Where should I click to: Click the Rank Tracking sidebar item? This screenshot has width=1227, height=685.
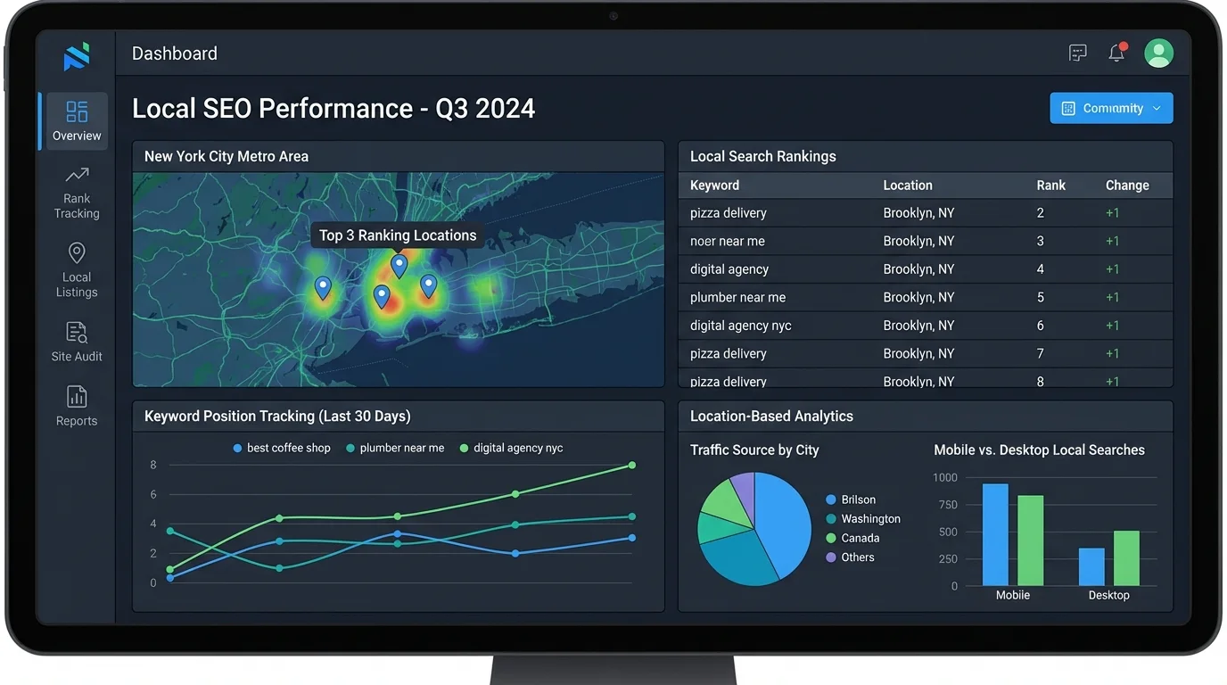77,192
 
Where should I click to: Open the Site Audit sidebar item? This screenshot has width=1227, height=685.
77,342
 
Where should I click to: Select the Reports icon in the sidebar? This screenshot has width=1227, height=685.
77,397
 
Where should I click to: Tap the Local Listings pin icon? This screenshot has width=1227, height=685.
77,253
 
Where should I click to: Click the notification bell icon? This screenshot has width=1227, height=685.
1116,54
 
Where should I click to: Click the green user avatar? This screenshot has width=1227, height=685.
1158,54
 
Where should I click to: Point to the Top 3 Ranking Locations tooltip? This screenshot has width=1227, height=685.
398,235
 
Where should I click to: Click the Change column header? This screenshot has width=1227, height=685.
1127,186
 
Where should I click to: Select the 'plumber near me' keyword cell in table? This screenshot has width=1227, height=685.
737,297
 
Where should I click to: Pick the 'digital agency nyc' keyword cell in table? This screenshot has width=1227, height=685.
740,326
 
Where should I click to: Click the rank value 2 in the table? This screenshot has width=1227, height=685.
1041,213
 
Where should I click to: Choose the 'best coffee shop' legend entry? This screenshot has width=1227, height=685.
282,448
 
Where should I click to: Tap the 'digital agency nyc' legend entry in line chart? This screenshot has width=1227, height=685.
511,448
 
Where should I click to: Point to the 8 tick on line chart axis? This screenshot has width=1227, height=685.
153,465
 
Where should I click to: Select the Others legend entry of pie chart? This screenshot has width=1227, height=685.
851,557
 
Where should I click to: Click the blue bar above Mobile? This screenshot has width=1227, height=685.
995,534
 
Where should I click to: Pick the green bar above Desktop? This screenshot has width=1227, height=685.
1126,557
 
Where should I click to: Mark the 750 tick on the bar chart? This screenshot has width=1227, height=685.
945,505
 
